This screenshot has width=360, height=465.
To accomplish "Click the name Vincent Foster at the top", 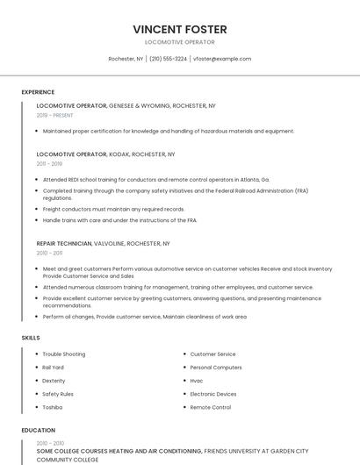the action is [179, 29].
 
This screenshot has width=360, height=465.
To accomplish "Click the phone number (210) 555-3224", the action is [168, 59].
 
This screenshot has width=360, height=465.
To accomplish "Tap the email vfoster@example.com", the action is [222, 59].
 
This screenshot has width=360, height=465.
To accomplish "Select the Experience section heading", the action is [38, 92].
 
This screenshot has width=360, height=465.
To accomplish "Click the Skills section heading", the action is [31, 337].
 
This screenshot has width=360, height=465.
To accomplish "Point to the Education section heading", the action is [38, 430].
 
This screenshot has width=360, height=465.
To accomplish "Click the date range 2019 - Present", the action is [55, 115].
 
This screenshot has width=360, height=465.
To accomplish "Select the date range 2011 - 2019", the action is [49, 163].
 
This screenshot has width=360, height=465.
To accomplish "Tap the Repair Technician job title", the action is [63, 243].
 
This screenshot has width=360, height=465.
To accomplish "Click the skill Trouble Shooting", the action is [64, 354].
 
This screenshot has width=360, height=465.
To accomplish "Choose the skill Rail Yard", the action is [54, 368].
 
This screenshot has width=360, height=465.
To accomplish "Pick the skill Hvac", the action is [197, 381].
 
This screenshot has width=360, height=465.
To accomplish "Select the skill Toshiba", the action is [53, 407].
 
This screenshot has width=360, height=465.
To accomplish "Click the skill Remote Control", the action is [211, 407].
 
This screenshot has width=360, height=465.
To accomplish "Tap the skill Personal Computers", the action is [216, 368].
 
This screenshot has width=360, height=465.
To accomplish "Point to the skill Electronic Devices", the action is [213, 394].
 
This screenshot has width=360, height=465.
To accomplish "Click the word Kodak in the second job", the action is [119, 154].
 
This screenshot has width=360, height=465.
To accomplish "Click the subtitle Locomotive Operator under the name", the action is [179, 42].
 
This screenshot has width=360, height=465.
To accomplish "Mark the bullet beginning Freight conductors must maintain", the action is [113, 209].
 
